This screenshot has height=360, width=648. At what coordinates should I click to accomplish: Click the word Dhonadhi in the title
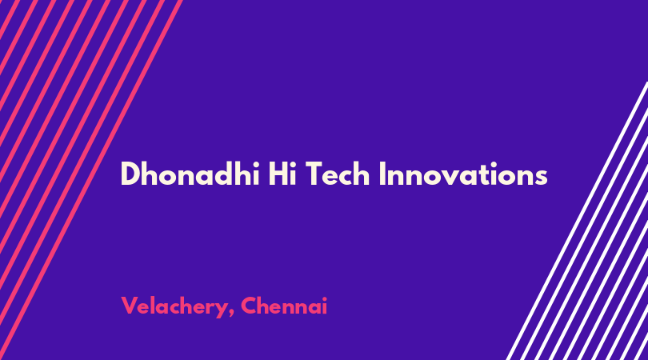point(190,174)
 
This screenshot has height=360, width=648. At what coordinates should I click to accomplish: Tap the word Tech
point(338,174)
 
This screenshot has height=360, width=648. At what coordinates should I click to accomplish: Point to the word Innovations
point(463,174)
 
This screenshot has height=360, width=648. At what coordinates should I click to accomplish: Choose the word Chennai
point(284,306)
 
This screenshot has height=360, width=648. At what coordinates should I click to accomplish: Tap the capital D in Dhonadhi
point(130,174)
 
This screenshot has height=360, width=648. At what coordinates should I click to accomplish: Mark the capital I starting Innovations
point(382,174)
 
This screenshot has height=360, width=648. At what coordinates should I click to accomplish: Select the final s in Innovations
point(542,178)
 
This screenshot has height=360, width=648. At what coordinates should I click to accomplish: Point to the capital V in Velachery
point(130,306)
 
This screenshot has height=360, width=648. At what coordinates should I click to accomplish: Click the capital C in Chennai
point(249,306)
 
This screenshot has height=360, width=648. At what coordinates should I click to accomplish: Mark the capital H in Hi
point(278,174)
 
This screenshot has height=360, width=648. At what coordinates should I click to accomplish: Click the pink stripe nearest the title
point(91,180)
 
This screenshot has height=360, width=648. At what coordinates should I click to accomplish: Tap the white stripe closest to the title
point(577,221)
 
